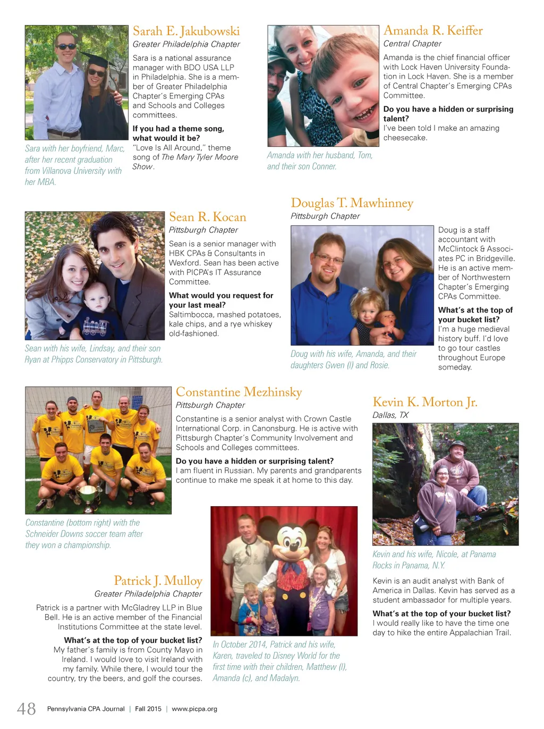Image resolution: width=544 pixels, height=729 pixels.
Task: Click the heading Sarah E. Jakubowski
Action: [x=186, y=31]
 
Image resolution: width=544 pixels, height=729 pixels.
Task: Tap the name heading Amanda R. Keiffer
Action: [x=433, y=31]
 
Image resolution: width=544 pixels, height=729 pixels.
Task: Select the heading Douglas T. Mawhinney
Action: [x=352, y=203]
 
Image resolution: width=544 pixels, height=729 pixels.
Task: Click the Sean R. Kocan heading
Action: [x=208, y=217]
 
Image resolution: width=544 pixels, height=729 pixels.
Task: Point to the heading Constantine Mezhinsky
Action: [x=239, y=392]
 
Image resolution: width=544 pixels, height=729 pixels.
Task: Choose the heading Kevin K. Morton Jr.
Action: [x=425, y=403]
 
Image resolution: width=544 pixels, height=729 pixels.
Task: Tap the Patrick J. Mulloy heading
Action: [x=158, y=581]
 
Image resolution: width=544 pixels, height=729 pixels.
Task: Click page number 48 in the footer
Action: [x=27, y=709]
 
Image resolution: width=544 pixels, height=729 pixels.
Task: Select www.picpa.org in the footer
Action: [x=194, y=709]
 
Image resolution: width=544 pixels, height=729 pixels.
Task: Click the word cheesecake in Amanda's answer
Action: [x=405, y=138]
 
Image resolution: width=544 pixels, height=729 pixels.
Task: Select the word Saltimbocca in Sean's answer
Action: [x=191, y=315]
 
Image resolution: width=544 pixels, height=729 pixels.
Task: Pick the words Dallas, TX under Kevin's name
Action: [x=390, y=415]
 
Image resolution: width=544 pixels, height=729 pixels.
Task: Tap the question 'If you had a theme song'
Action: [x=178, y=129]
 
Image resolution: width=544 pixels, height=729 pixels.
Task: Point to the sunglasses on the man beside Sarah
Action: [x=66, y=47]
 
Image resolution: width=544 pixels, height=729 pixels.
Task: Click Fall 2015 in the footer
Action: [x=148, y=709]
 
